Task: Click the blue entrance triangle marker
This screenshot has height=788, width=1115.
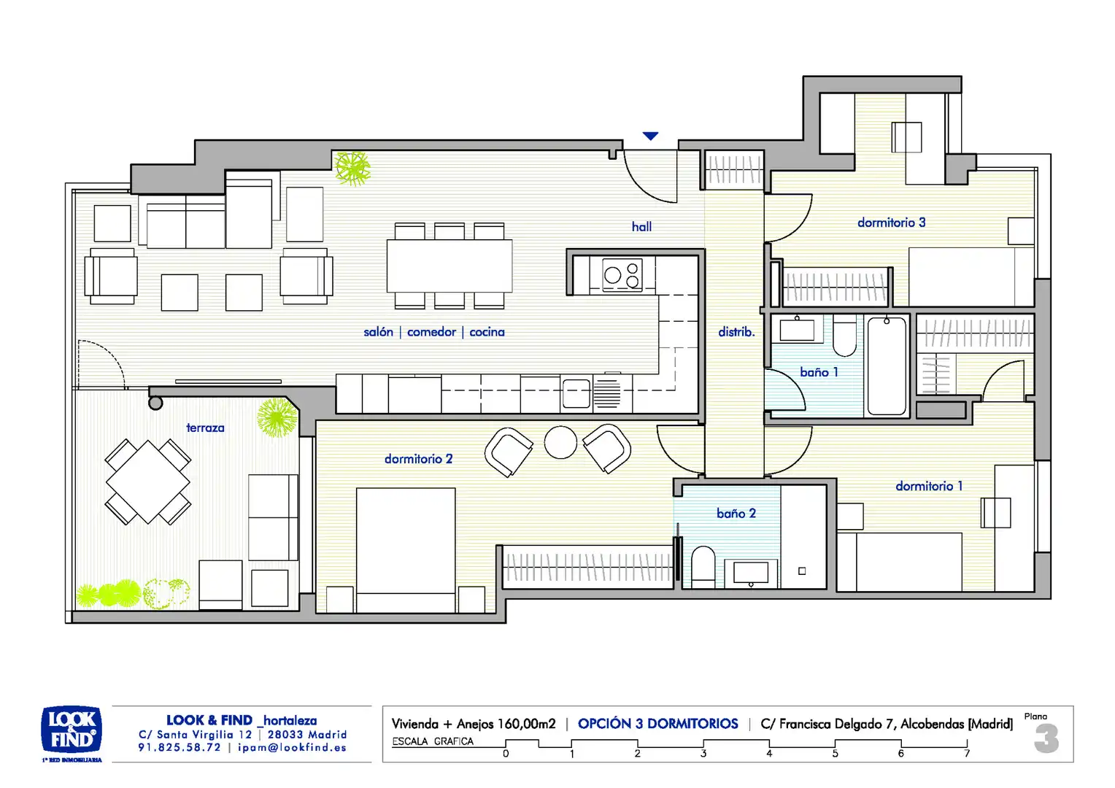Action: [x=650, y=136]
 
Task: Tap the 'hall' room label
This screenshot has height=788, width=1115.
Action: [x=641, y=227]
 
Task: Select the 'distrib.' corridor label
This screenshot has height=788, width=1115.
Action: [x=736, y=332]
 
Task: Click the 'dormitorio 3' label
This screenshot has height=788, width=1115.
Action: [x=892, y=223]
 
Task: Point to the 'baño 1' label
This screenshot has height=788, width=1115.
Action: [x=819, y=372]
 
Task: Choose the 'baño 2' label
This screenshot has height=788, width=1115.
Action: [x=736, y=513]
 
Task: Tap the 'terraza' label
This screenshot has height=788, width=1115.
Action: [x=205, y=428]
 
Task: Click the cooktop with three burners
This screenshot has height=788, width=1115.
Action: [x=622, y=275]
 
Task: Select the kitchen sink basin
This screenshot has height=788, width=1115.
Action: [x=576, y=393]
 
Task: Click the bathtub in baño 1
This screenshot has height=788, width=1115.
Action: [x=887, y=366]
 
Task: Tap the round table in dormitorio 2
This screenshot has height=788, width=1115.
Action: [x=560, y=442]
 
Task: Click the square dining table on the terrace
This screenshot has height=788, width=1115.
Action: [x=148, y=482]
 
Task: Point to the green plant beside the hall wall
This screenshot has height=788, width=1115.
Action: [x=352, y=169]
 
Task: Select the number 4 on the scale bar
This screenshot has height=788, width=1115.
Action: [x=769, y=754]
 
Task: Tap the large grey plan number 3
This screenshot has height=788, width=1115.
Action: [x=1046, y=738]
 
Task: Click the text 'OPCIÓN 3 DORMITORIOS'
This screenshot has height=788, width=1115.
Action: [x=657, y=724]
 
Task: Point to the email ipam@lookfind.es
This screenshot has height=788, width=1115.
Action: [x=292, y=748]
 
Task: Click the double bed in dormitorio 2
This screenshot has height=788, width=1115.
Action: [x=406, y=550]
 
